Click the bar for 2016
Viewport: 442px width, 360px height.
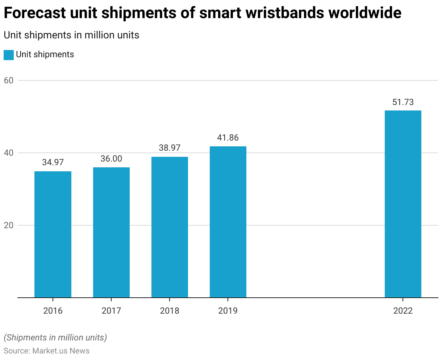53,234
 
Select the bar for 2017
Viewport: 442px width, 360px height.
111,233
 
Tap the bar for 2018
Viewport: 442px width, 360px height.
170,227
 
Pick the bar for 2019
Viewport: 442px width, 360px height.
228,222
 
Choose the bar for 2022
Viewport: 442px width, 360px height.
403,204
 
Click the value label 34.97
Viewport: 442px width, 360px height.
53,162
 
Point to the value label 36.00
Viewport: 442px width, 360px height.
111,159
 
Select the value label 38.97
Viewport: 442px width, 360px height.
170,148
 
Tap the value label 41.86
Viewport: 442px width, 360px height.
228,138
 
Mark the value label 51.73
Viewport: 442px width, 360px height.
403,102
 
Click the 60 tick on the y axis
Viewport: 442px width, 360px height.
9,80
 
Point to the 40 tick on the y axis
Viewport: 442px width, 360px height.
9,153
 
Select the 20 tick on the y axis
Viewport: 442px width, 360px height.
9,225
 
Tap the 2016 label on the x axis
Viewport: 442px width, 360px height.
53,311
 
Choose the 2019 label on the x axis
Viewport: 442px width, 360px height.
228,311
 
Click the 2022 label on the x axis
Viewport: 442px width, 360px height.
403,311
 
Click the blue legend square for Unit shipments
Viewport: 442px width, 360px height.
9,55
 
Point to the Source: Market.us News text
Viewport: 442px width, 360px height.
47,351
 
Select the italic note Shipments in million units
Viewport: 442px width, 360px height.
55,338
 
